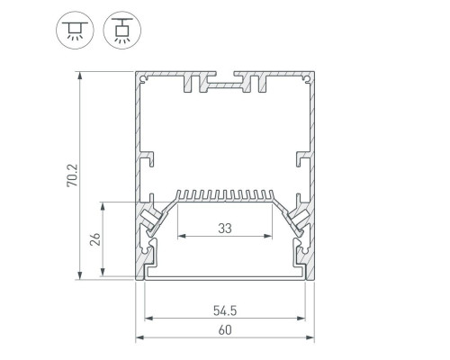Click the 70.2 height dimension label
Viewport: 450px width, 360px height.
point(72,175)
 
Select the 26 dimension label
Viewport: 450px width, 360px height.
point(95,239)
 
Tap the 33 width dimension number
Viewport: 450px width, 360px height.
point(225,229)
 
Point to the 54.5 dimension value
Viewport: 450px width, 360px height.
point(225,310)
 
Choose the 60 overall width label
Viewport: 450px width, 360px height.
point(225,330)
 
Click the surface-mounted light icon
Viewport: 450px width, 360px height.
point(75,30)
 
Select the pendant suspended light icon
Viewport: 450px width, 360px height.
point(122,30)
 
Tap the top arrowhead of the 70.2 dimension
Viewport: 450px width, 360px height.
point(79,76)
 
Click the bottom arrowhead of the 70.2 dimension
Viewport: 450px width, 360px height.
point(79,275)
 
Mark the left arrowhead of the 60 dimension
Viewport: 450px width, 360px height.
point(139,337)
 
